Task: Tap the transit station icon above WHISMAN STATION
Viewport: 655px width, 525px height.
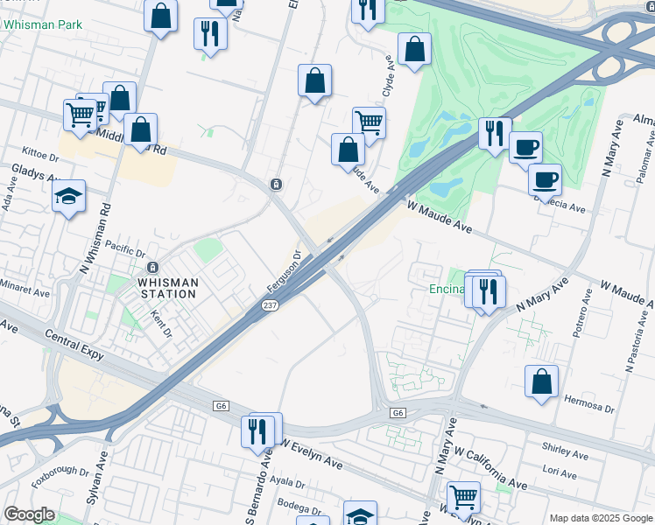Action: point(152,267)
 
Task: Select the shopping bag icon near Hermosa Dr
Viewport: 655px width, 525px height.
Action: point(541,381)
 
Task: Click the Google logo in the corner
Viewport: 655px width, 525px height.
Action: point(29,514)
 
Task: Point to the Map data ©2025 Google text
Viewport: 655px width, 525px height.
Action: point(601,518)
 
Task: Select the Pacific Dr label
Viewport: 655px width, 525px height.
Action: point(123,248)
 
